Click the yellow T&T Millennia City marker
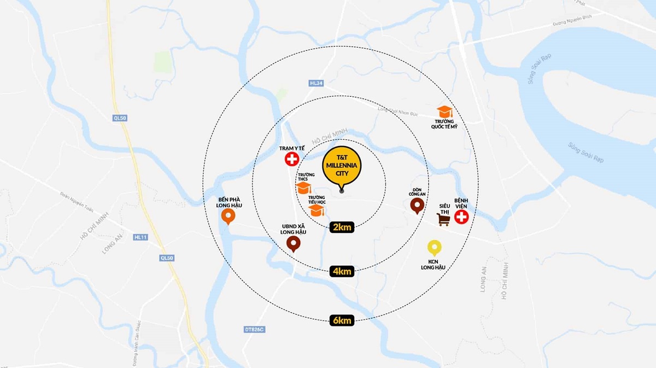(x=342, y=166)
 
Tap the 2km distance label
(x=342, y=227)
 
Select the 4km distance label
(x=342, y=271)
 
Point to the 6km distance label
(x=342, y=320)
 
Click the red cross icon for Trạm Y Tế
(x=292, y=159)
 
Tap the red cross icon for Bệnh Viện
(x=462, y=217)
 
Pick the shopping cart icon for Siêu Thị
(x=443, y=219)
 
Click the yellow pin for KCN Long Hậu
(x=434, y=248)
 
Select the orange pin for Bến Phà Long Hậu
(x=229, y=217)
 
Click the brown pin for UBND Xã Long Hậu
(x=294, y=244)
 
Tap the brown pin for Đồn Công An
(x=418, y=206)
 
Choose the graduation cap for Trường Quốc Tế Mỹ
(x=445, y=112)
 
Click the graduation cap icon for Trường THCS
(x=303, y=188)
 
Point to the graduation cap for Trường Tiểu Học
(x=317, y=209)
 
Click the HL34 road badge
(x=316, y=83)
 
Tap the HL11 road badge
(x=140, y=237)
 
